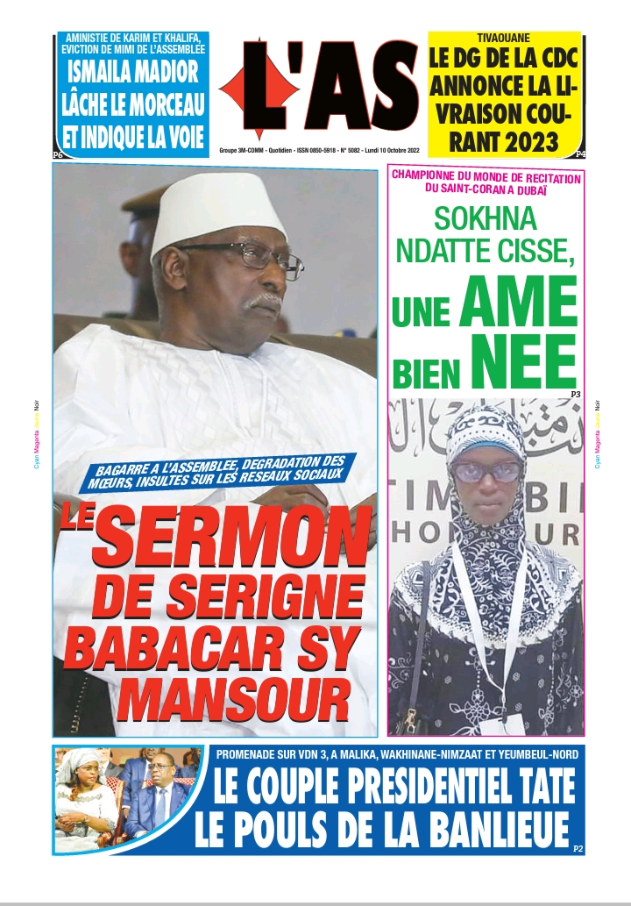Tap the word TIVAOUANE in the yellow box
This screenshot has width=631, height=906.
tap(504, 39)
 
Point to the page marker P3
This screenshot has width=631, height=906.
tap(575, 395)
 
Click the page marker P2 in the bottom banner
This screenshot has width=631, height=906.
tap(577, 848)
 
